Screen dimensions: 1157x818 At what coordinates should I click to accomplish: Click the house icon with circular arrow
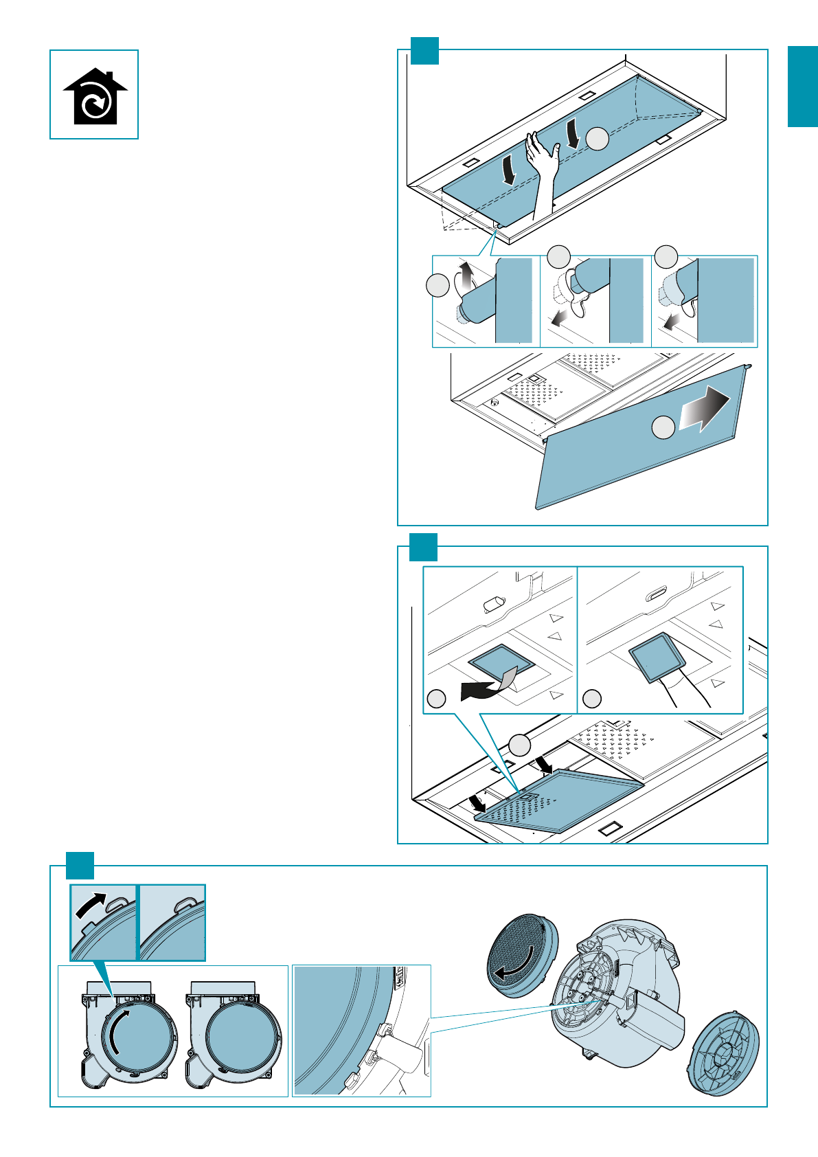95,97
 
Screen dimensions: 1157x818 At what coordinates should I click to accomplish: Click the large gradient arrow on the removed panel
704,410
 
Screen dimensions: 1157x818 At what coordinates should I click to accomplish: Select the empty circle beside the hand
598,138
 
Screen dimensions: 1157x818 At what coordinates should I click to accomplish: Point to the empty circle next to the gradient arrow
663,427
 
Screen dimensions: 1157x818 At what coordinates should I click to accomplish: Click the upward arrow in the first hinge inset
466,276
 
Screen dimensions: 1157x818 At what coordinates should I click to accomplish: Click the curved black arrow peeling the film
481,689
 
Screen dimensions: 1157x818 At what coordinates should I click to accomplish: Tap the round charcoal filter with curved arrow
521,956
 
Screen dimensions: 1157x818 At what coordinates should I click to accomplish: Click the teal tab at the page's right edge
802,87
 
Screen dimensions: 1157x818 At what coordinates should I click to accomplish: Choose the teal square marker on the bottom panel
80,865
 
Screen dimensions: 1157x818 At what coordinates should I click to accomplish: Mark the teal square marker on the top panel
424,50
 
